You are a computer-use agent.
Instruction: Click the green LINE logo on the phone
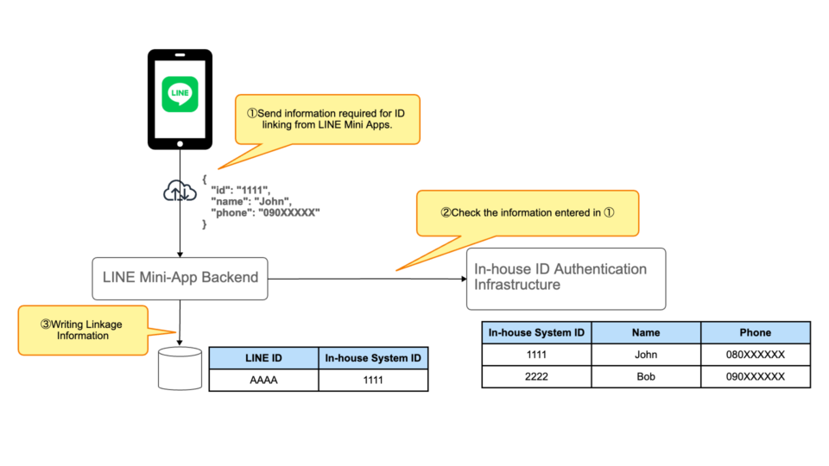pos(180,94)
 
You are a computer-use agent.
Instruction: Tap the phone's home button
pos(180,143)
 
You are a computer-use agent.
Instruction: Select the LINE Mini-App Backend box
pos(180,278)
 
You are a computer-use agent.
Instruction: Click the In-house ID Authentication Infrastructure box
pos(566,278)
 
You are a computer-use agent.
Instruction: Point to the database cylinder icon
pos(180,368)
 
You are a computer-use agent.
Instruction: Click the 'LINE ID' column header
pos(263,358)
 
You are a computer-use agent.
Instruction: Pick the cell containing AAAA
pos(263,381)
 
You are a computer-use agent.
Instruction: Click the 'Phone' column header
pos(755,332)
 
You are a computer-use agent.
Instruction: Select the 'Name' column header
pos(645,332)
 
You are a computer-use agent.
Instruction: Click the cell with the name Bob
pos(645,376)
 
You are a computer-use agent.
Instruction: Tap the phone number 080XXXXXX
pos(755,355)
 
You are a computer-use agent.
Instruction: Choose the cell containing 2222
pos(536,376)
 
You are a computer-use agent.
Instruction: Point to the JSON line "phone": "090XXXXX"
pos(265,212)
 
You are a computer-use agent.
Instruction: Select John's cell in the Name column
pos(645,355)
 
